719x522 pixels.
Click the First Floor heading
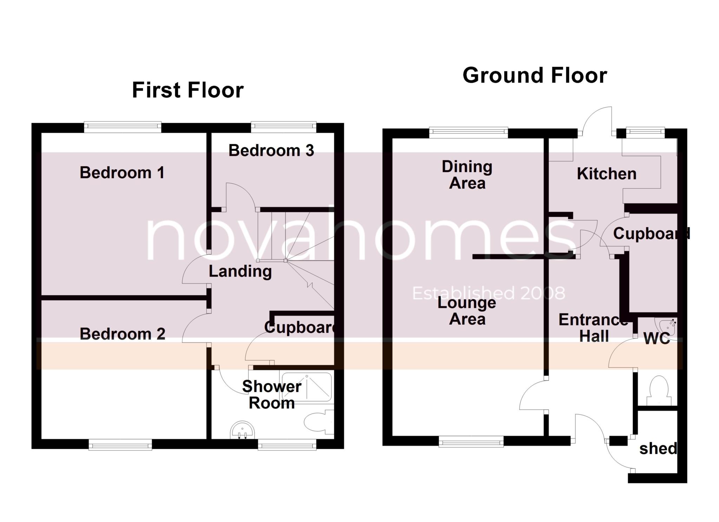187,90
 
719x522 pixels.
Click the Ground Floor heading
534,75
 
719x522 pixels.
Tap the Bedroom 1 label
122,172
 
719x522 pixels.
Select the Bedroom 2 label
122,334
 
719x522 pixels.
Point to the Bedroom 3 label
271,150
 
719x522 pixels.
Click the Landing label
240,271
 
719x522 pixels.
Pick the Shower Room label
271,395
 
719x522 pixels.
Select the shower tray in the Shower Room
306,387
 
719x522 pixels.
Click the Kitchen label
606,174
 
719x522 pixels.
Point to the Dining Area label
467,175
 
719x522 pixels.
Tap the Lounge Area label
467,311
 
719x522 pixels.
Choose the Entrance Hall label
593,328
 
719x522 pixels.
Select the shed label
658,448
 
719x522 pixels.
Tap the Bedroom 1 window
123,127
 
